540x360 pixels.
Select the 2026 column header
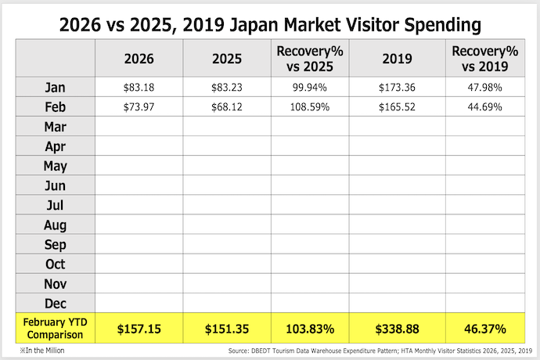[x=139, y=58]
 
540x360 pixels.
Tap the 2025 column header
[x=227, y=58]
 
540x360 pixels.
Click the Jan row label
[x=56, y=87]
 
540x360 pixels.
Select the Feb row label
[x=56, y=106]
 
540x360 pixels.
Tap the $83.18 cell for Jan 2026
[x=139, y=87]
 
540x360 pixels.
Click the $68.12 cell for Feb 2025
[x=227, y=106]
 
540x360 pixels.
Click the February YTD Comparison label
[x=56, y=328]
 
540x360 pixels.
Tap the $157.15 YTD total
[x=139, y=329]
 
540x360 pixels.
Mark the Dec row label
[x=56, y=303]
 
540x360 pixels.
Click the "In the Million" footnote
[x=42, y=351]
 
